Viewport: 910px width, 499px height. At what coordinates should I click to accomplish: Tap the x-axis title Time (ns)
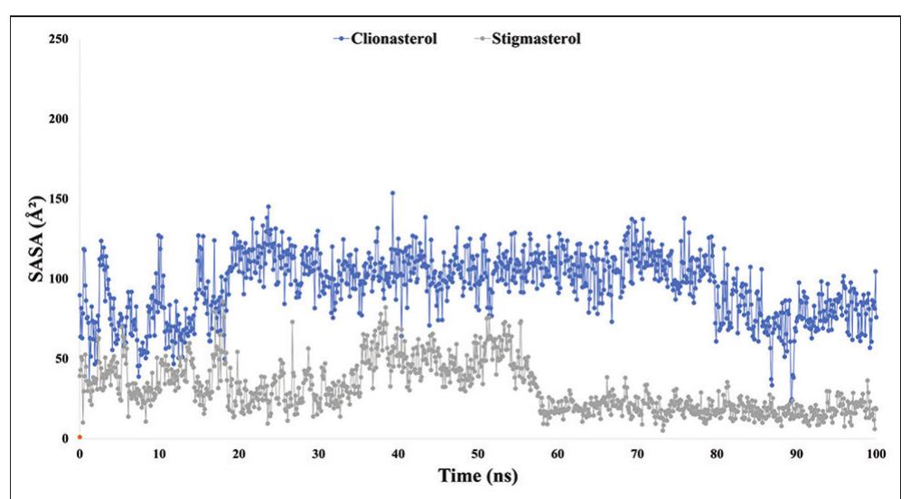click(478, 475)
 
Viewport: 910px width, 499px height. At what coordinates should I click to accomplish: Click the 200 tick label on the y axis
click(60, 119)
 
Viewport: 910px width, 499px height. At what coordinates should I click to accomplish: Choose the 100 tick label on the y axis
click(60, 278)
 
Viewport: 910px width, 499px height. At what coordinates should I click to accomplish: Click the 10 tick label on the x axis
click(159, 452)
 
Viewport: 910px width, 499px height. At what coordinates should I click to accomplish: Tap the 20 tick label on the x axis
click(239, 452)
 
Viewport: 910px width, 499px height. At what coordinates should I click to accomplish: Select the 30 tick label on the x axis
click(318, 452)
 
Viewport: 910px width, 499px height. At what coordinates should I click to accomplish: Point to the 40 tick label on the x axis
click(398, 452)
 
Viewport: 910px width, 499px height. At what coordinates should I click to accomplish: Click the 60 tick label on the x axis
click(557, 452)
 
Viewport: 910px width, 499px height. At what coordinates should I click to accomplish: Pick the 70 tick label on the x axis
click(636, 452)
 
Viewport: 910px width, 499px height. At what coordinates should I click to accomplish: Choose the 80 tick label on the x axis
click(716, 452)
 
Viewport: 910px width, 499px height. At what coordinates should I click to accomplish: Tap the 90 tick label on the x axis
click(795, 452)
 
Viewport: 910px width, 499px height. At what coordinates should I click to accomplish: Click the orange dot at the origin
click(80, 438)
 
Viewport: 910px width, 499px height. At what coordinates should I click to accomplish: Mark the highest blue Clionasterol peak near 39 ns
click(391, 193)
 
